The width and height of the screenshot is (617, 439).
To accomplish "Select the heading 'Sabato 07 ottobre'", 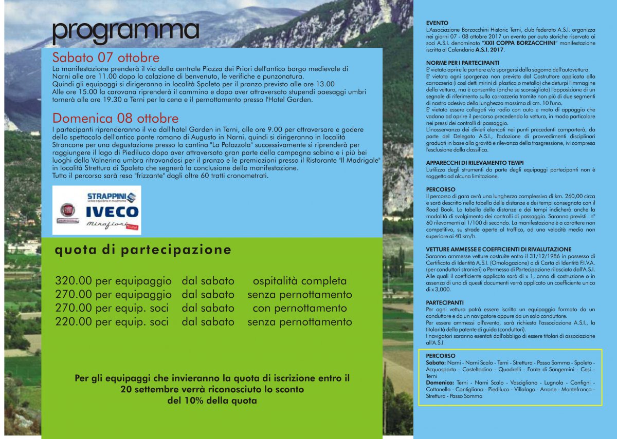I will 106,58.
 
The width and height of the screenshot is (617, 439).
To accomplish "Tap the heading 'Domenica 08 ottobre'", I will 116,118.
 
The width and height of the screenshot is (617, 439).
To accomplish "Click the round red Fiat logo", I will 67,210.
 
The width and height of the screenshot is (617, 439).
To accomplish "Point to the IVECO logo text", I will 112,212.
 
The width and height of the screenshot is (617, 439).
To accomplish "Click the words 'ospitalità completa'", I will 300,281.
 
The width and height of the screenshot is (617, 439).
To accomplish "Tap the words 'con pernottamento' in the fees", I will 300,309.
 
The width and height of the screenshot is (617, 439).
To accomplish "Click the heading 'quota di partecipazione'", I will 143,250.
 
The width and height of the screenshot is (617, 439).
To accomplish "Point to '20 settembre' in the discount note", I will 150,390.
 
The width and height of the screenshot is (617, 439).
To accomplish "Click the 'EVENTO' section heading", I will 438,23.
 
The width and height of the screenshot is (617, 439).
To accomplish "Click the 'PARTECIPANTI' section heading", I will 445,302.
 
